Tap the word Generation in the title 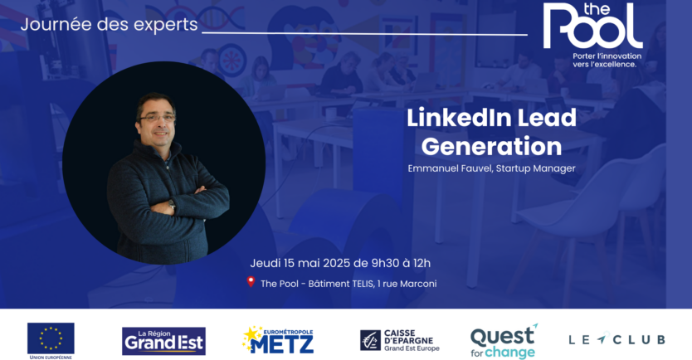tap(491, 146)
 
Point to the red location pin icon tap(251, 283)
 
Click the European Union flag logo tap(51, 337)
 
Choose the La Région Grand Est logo tap(163, 339)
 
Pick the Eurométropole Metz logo tap(278, 339)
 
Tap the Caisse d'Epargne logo tap(400, 339)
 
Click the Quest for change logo tap(504, 339)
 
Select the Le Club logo tap(616, 339)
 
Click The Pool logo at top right tap(592, 27)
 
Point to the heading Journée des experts tap(110, 25)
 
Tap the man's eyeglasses tap(158, 118)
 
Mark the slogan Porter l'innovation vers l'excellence tap(607, 60)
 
